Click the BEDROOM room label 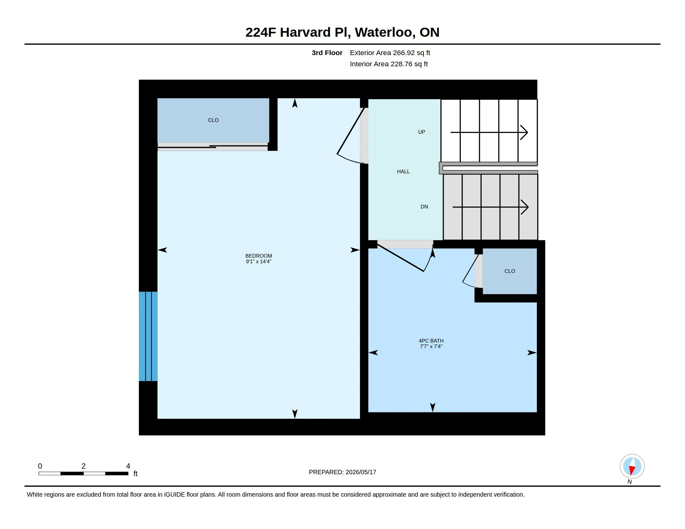coord(258,256)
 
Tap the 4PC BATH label coord(431,341)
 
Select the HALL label coord(403,171)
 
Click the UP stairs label coord(422,132)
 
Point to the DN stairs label coord(424,207)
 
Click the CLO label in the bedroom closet coord(213,120)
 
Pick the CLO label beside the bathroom coord(510,271)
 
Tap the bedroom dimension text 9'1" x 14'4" coord(258,261)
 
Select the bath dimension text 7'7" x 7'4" coord(431,346)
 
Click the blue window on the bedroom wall coord(148,336)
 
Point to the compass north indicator coord(632,466)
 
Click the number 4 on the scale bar coord(128,466)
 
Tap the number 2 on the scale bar coord(83,466)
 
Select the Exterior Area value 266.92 coord(404,53)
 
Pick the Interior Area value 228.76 coord(401,64)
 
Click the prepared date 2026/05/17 coord(361,472)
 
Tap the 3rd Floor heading coord(327,53)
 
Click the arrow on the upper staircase coord(489,132)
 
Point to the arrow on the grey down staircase coord(490,207)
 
